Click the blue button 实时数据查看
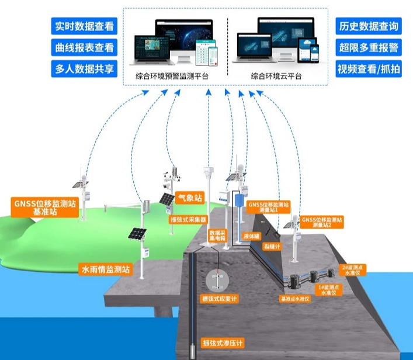(x=84, y=26)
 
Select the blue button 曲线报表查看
(x=84, y=47)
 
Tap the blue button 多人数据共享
(x=84, y=68)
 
